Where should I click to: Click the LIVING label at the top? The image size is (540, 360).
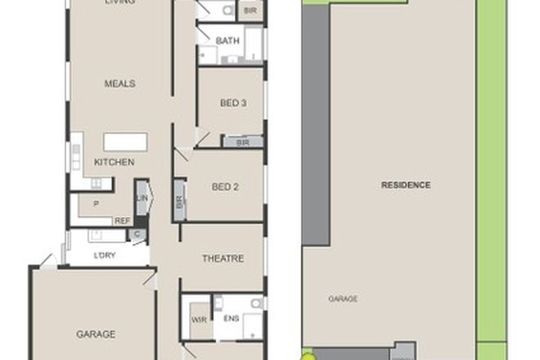coord(119,2)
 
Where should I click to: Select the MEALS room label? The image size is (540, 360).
coord(119,83)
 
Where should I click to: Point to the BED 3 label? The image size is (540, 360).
coord(233,103)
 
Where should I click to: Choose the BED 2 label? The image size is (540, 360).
coord(224,187)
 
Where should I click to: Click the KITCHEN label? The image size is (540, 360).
coord(114,162)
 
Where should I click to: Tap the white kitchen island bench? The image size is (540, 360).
coord(125,142)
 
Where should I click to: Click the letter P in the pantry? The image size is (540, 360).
coord(96,204)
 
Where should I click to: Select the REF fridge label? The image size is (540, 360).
coord(122,220)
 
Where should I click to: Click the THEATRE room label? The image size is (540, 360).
coord(223,259)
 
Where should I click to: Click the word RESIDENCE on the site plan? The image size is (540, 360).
coord(406,185)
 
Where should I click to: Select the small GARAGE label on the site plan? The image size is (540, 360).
coord(343,299)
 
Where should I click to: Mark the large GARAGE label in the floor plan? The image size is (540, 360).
coord(96,334)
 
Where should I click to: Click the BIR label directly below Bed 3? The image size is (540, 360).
coord(241,142)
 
